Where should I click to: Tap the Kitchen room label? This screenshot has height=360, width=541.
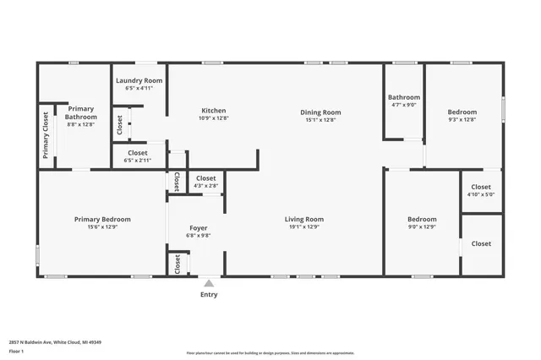click(213, 111)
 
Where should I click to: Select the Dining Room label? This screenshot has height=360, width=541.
click(320, 112)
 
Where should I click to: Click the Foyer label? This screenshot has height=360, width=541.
click(198, 227)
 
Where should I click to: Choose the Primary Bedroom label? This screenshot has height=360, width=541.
click(102, 219)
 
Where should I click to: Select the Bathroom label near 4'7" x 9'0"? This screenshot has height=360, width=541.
click(404, 97)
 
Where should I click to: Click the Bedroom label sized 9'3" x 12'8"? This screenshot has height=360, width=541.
click(462, 112)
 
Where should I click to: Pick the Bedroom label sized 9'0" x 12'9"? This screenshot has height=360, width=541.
click(422, 219)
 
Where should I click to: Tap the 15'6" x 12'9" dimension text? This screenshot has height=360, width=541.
click(102, 226)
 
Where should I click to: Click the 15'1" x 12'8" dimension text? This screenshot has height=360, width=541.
click(320, 120)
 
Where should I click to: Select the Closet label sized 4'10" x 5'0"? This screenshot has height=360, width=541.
click(481, 187)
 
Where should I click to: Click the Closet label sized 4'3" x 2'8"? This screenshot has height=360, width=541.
click(205, 178)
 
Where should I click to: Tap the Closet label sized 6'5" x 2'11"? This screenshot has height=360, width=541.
click(138, 153)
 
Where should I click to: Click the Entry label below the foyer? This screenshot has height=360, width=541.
click(209, 295)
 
